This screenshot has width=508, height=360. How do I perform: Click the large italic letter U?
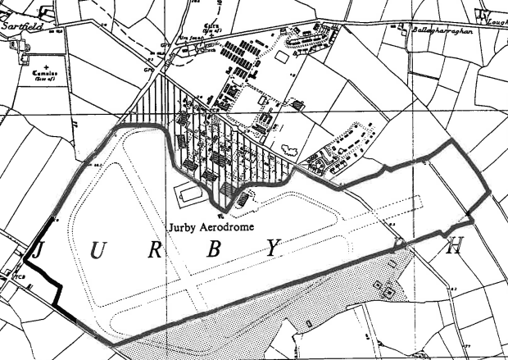click(x=97, y=251)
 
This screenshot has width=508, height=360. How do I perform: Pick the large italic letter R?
click(x=154, y=251)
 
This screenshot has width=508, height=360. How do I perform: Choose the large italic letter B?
click(x=213, y=251)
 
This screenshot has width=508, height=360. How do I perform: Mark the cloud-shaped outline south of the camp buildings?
click(x=289, y=149)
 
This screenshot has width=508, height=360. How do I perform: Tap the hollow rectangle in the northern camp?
click(x=283, y=57)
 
